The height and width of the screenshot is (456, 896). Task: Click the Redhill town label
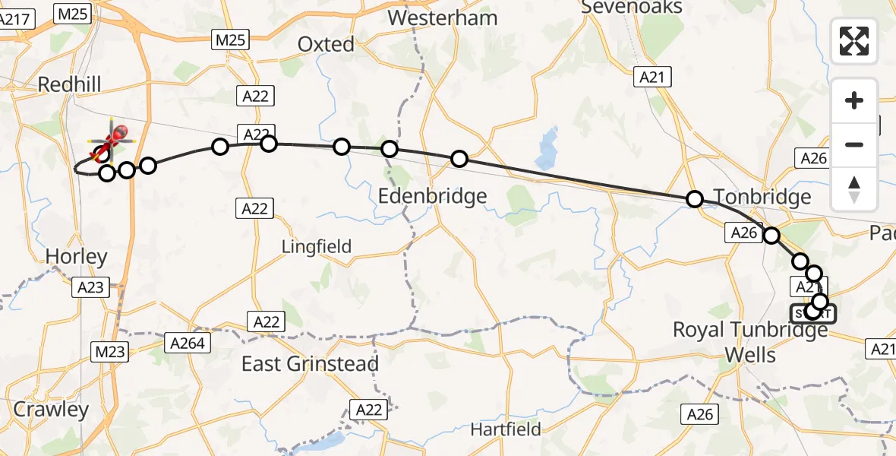click(69, 84)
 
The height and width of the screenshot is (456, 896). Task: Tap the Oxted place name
click(326, 45)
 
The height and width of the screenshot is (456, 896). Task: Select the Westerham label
click(443, 17)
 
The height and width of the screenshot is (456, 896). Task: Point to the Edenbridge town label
click(433, 197)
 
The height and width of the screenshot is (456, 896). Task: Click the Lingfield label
click(317, 246)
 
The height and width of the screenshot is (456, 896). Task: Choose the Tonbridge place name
click(762, 198)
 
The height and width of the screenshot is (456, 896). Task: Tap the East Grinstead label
click(310, 364)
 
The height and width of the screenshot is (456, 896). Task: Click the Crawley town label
click(51, 410)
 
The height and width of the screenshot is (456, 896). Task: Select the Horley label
click(76, 257)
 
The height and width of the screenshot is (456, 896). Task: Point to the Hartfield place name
click(506, 429)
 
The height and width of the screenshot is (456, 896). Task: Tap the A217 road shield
click(17, 21)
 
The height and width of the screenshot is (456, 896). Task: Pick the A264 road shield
click(187, 344)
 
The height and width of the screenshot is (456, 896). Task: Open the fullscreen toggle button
click(854, 41)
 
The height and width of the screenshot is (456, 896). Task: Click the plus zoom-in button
click(854, 100)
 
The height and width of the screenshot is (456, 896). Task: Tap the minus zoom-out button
click(854, 144)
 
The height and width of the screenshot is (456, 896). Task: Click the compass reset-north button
click(854, 189)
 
